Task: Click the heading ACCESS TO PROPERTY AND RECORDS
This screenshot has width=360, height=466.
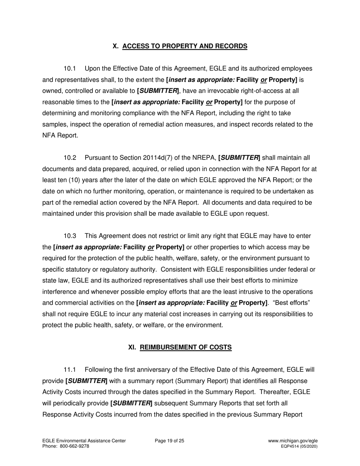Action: (185, 46)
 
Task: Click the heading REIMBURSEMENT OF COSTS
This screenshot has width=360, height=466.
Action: (186, 347)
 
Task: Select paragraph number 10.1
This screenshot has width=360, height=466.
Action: (70, 69)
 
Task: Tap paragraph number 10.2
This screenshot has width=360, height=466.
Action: (70, 158)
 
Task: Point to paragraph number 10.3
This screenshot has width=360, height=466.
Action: (70, 236)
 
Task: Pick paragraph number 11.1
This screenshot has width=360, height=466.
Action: (70, 369)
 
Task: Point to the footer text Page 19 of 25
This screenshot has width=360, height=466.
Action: (169, 441)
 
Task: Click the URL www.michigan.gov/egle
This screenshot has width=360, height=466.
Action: (293, 441)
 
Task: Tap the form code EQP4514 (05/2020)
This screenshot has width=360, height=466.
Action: (299, 446)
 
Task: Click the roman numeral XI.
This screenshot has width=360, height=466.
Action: (132, 347)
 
